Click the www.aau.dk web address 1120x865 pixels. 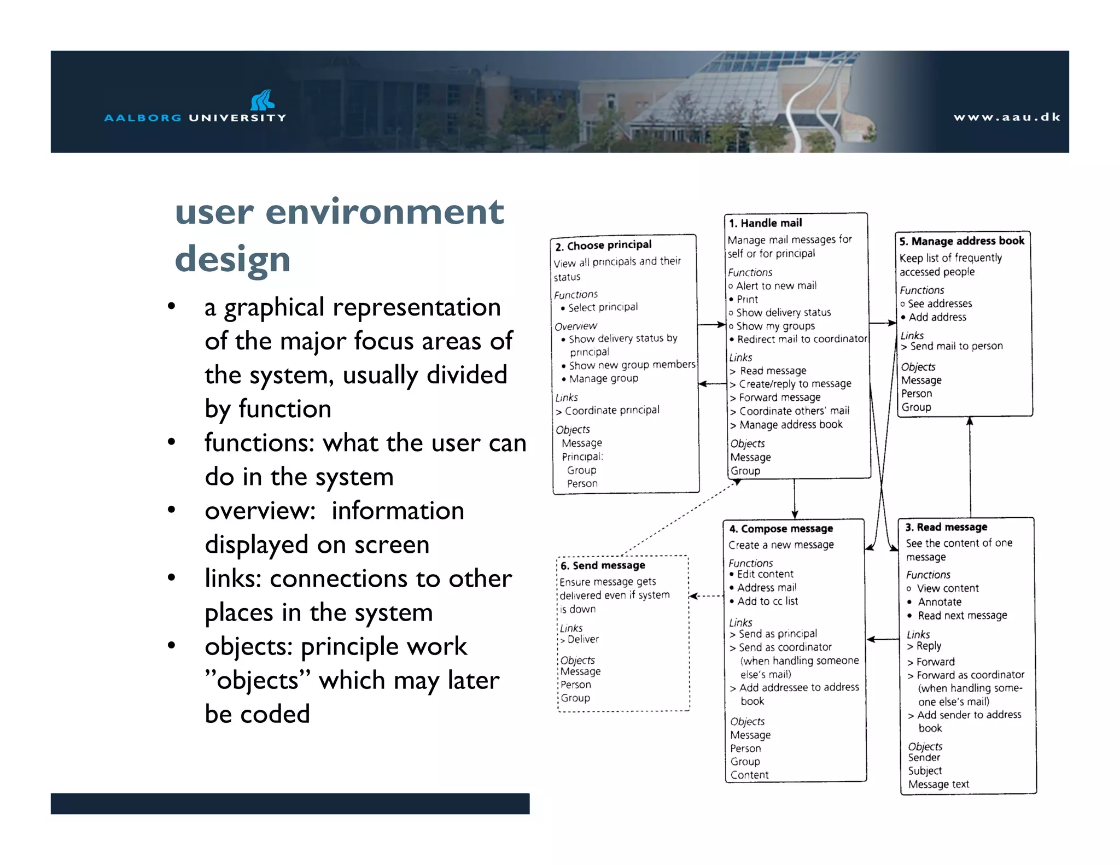[1007, 117]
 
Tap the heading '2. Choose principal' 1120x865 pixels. [603, 245]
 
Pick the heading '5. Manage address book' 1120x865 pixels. [961, 241]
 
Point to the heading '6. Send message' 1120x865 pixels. [603, 565]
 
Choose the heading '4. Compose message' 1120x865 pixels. [781, 529]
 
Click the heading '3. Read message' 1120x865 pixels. [946, 527]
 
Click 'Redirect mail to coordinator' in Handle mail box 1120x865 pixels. [802, 339]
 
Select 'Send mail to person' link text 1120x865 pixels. [956, 346]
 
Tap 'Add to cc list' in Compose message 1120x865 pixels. [767, 601]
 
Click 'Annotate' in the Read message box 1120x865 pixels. [940, 602]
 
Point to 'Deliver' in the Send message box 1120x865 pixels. [583, 639]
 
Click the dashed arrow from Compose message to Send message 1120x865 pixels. [706, 596]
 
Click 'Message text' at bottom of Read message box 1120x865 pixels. [938, 784]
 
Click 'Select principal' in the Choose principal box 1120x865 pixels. [603, 307]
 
